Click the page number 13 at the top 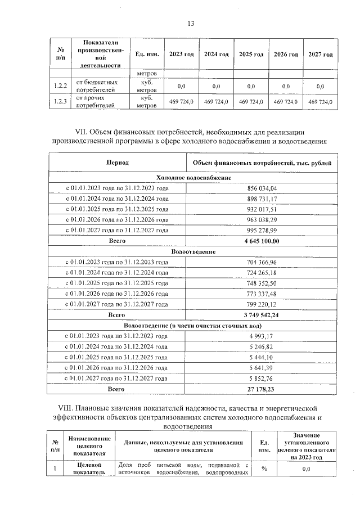[x=191, y=23]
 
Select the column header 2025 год [x=251, y=54]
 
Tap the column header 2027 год [x=321, y=54]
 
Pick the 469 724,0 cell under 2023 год [x=181, y=102]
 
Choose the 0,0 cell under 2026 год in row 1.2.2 [x=286, y=86]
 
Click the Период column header [x=118, y=163]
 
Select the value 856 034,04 [x=262, y=188]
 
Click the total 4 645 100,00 [x=262, y=241]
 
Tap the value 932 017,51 [x=262, y=209]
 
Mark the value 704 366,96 [x=262, y=262]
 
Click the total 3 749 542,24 [x=262, y=315]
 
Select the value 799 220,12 [x=262, y=304]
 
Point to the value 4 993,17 [x=262, y=336]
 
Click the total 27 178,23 [x=262, y=389]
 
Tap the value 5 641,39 [x=262, y=368]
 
